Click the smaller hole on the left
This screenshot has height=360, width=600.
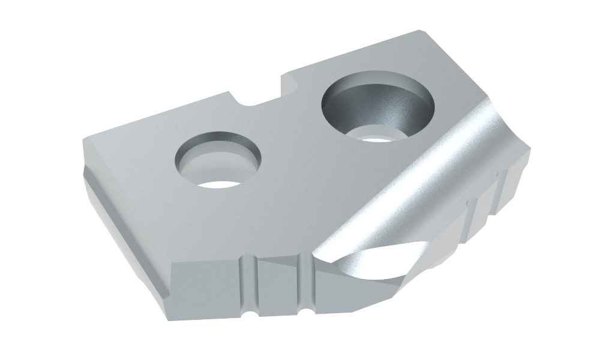click(x=219, y=162)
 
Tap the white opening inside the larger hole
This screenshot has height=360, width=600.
click(x=374, y=137)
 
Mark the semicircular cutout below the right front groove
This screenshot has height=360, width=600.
click(x=307, y=312)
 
